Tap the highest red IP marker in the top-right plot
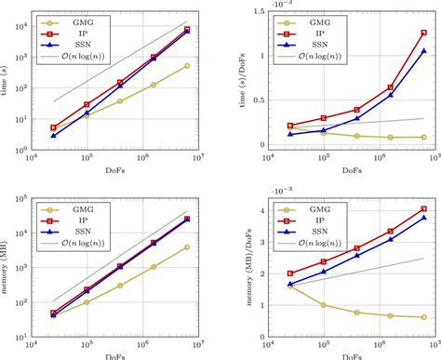point(423,33)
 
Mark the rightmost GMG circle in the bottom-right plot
point(423,317)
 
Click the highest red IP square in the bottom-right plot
point(423,209)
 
